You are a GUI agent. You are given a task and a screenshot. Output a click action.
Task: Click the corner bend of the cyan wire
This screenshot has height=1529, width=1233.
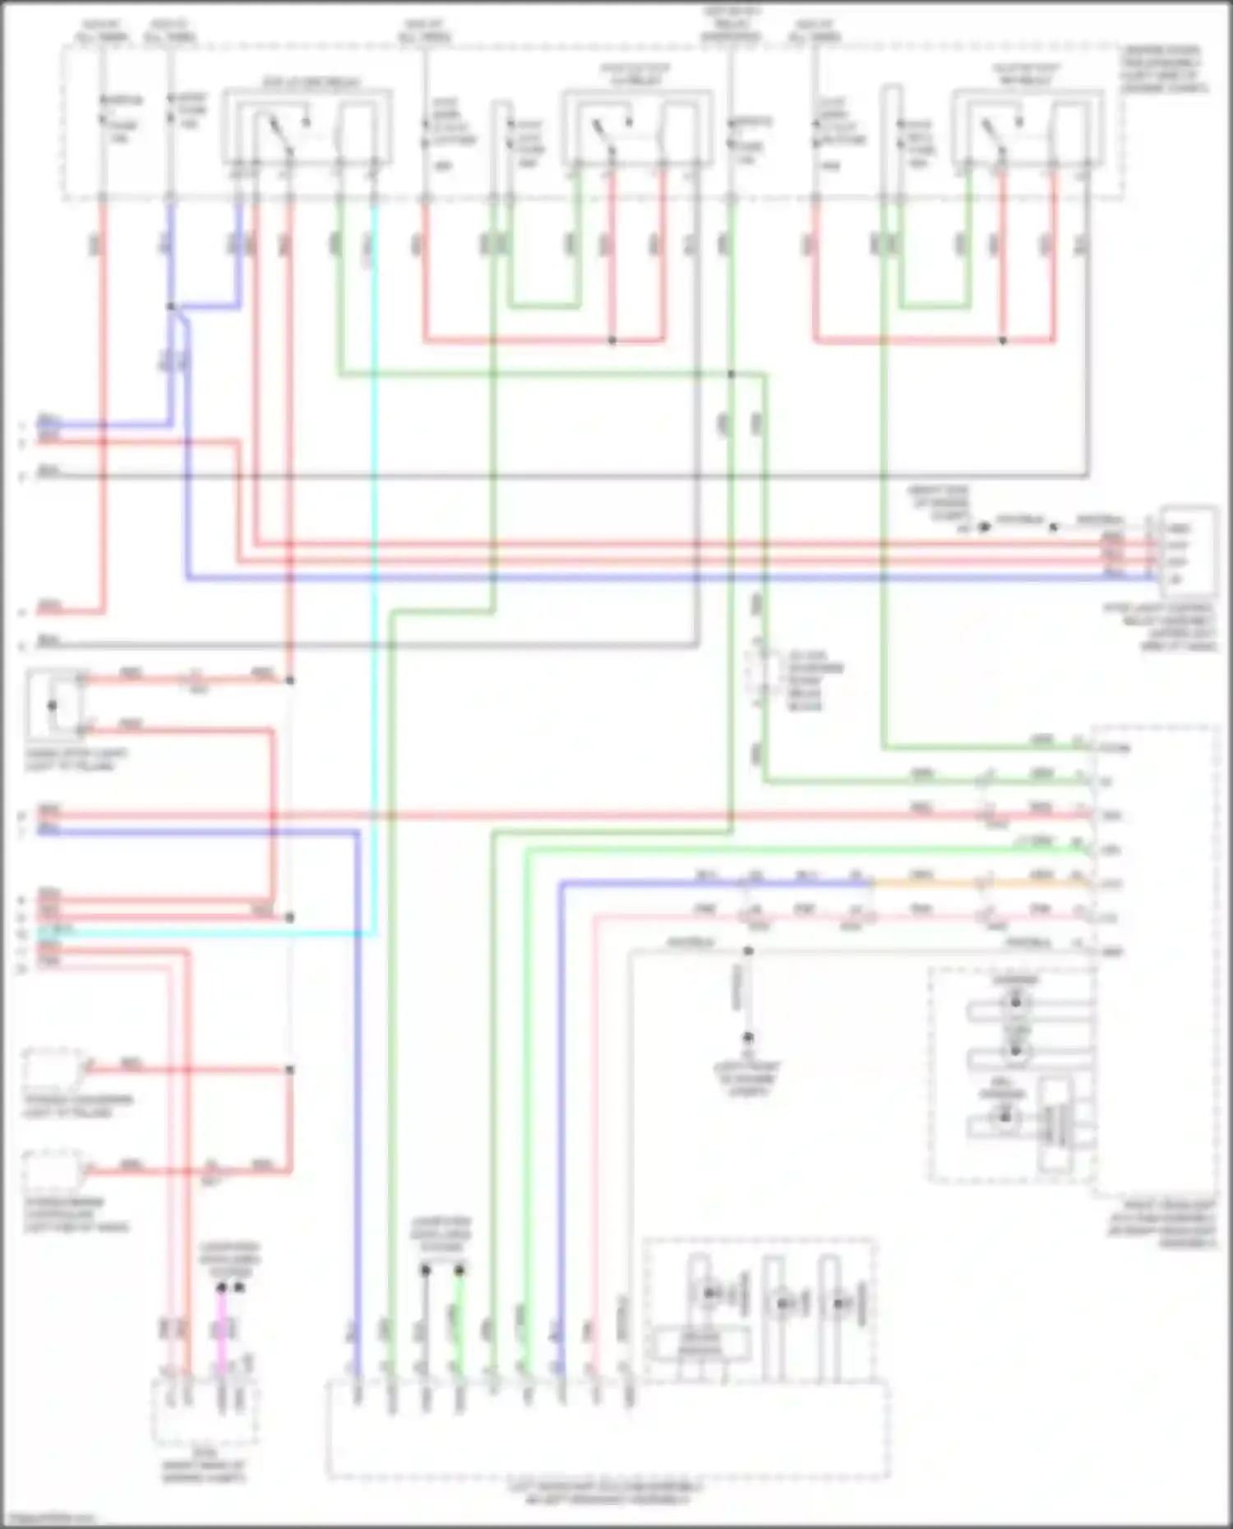(x=374, y=934)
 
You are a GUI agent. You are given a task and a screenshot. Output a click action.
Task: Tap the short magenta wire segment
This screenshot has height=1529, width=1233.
(x=221, y=1331)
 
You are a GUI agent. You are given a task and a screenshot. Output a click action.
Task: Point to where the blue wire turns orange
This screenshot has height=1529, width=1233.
(x=872, y=884)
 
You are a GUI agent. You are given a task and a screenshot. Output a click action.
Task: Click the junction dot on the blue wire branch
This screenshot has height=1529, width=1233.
(x=171, y=307)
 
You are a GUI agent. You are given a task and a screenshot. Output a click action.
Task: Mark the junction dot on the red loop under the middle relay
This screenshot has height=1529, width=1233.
(x=612, y=340)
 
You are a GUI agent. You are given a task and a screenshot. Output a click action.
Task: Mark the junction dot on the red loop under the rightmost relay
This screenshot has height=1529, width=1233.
(x=1003, y=340)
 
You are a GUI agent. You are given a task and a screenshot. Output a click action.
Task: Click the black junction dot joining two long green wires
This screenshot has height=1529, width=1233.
(x=731, y=375)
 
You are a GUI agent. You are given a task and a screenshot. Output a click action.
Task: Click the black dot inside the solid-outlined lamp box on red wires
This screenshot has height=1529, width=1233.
(x=52, y=705)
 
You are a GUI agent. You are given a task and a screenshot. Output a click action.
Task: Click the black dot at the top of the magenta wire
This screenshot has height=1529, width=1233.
(x=221, y=1287)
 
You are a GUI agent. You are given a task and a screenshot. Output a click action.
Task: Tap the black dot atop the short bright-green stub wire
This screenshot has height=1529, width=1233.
(x=459, y=1270)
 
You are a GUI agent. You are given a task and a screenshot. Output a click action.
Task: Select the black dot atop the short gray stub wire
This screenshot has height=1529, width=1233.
(x=425, y=1270)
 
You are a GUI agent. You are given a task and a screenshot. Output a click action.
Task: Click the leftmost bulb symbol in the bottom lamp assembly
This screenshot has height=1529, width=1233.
(x=709, y=1294)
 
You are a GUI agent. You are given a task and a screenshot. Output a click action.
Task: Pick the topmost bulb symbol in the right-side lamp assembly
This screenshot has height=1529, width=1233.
(x=1015, y=1002)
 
